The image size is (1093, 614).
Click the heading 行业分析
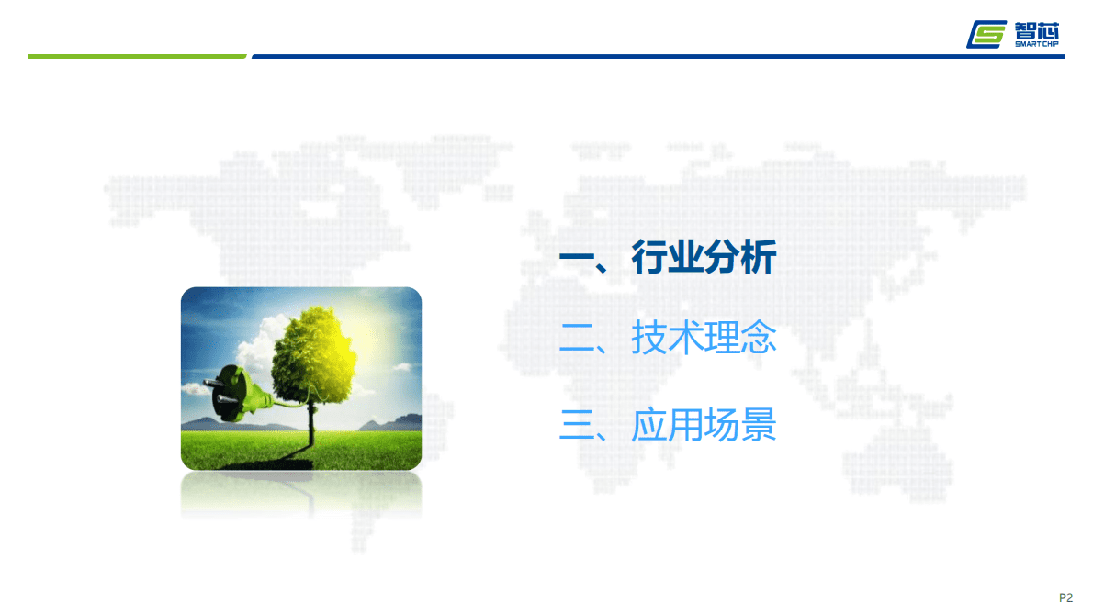pyautogui.click(x=704, y=257)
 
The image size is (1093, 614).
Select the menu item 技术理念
pyautogui.click(x=704, y=339)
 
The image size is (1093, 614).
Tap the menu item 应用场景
pyautogui.click(x=704, y=425)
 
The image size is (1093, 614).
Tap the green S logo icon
pyautogui.click(x=988, y=34)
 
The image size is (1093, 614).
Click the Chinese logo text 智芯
pyautogui.click(x=1038, y=28)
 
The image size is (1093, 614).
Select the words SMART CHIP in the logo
pyautogui.click(x=1038, y=43)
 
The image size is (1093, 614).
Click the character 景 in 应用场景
pyautogui.click(x=759, y=425)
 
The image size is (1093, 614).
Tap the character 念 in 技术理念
pyautogui.click(x=759, y=339)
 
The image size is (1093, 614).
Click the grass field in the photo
pyautogui.click(x=367, y=450)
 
